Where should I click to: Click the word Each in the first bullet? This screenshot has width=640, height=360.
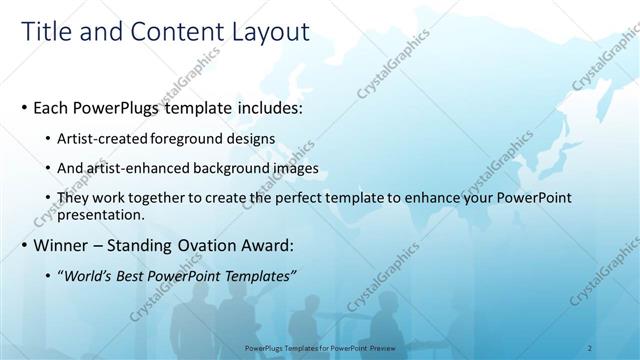pos(53,106)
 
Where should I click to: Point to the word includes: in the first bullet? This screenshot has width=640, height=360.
pos(259,106)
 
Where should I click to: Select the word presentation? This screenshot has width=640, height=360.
pos(102,214)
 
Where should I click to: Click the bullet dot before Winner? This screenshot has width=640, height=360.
pos(24,245)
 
